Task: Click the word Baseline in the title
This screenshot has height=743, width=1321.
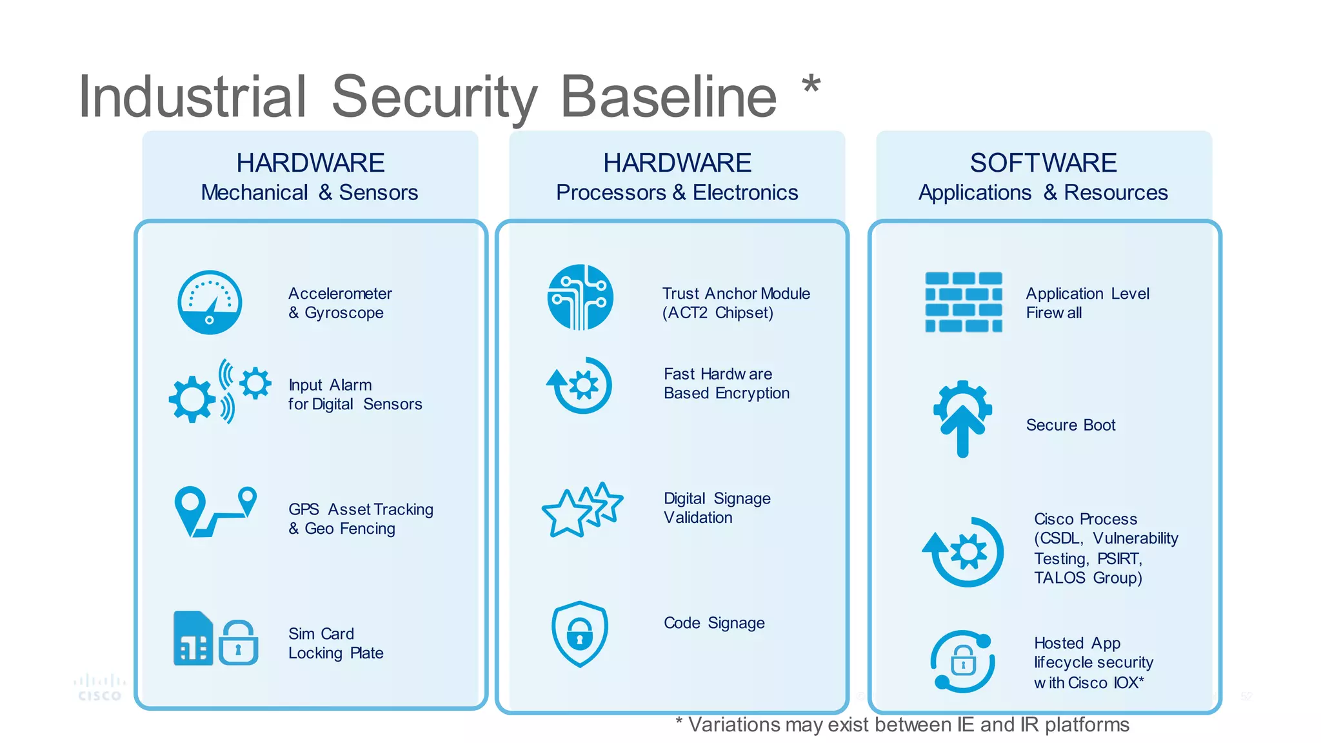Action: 669,97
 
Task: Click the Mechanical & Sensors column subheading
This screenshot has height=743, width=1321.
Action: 309,192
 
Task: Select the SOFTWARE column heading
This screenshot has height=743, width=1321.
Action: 1043,163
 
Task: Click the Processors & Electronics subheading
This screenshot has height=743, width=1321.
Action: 677,192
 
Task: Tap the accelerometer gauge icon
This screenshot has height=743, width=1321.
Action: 210,302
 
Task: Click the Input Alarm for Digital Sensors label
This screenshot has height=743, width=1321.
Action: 355,394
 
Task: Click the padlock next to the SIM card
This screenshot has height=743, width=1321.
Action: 238,643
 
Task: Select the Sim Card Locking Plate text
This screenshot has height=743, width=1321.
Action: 335,643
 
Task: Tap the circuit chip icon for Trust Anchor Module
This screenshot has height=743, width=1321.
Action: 580,297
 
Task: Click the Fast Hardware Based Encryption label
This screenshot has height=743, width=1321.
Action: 726,383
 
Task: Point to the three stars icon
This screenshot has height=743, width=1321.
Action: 582,509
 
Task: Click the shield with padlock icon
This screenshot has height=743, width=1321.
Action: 579,634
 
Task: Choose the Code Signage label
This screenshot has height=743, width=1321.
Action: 714,623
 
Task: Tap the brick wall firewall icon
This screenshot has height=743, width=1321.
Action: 963,302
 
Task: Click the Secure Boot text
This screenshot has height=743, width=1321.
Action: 1070,425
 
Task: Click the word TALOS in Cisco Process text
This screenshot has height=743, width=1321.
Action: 1059,578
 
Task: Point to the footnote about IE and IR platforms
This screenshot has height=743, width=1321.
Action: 902,725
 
